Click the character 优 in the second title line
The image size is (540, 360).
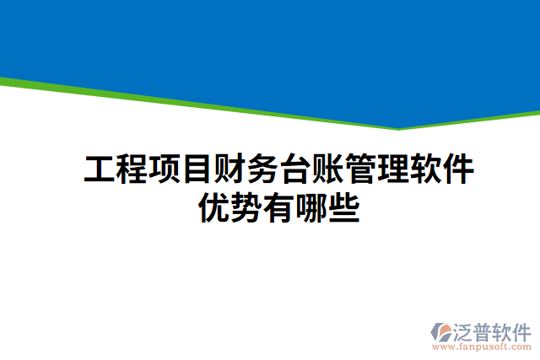tap(214, 207)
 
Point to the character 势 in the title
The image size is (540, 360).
tap(246, 207)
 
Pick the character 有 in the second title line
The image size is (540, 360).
tap(278, 207)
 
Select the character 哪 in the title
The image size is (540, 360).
tap(311, 207)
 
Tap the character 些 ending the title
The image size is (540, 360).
tap(343, 207)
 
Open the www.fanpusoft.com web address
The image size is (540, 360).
tap(482, 347)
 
